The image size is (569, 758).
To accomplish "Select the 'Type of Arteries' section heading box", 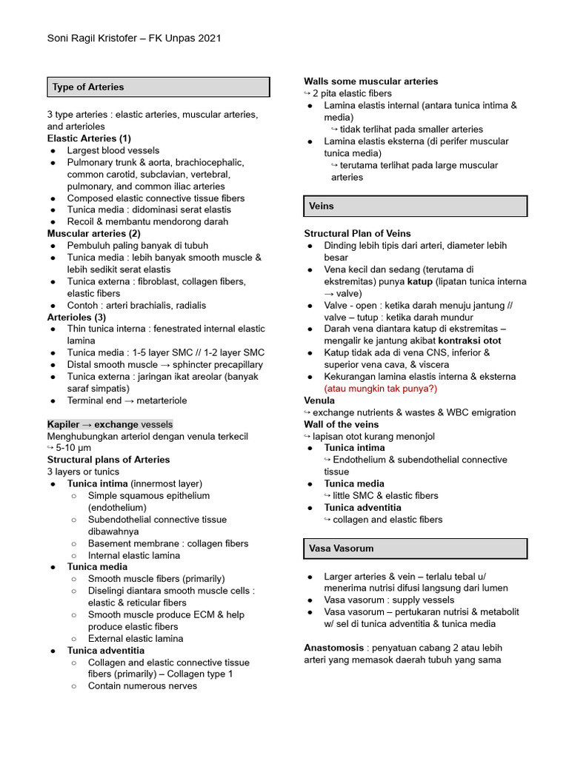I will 158,87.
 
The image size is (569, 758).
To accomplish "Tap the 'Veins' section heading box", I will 415,206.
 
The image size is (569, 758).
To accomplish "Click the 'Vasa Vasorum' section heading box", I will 415,549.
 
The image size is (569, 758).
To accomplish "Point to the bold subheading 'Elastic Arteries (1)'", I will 89,138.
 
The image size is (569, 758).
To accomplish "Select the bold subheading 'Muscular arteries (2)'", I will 93,233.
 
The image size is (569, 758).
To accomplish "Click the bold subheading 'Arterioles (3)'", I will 76,317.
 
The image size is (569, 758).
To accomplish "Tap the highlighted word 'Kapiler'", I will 64,424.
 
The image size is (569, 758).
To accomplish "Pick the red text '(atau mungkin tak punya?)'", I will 381,389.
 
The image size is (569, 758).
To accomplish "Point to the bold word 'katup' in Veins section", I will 420,281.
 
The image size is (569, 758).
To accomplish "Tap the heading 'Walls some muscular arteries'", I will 370,81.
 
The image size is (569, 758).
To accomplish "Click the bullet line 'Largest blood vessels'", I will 113,150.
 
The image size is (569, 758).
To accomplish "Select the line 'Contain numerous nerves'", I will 142,686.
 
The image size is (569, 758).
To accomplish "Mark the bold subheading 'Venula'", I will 320,400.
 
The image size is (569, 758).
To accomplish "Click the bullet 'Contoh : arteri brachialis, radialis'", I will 136,305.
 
